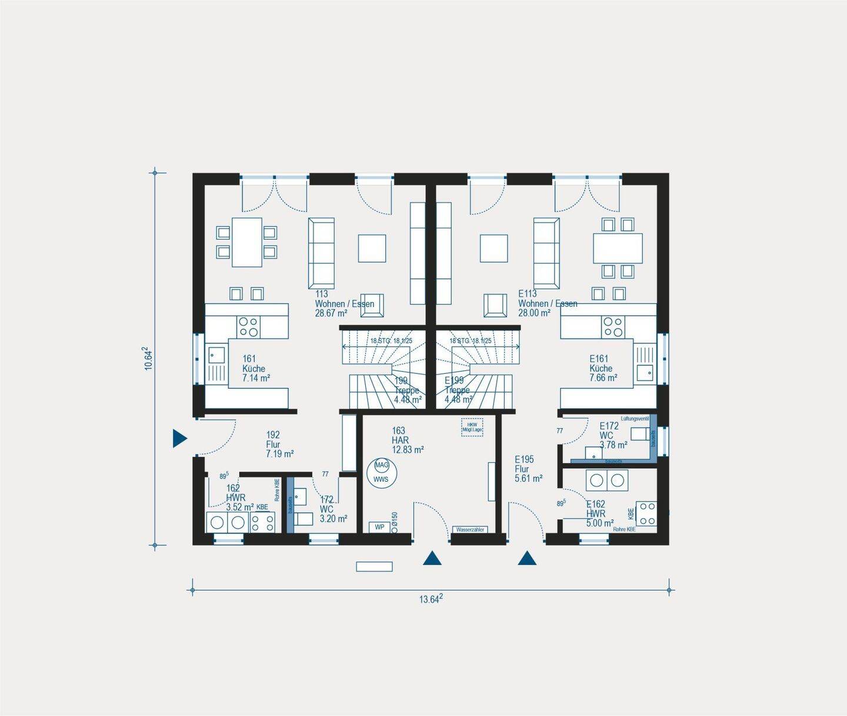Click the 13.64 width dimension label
(x=431, y=599)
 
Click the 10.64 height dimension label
(x=149, y=358)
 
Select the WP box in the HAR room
(x=379, y=527)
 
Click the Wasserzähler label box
(x=469, y=530)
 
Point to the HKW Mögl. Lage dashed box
(x=472, y=427)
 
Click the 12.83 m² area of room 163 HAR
(x=408, y=450)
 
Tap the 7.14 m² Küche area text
(x=256, y=379)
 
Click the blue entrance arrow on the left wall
(x=179, y=438)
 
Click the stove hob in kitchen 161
(x=248, y=326)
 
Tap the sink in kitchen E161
(x=645, y=373)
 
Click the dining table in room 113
(x=246, y=242)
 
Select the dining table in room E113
(x=618, y=248)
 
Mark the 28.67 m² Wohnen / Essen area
(x=331, y=313)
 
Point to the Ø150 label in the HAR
(x=395, y=519)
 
